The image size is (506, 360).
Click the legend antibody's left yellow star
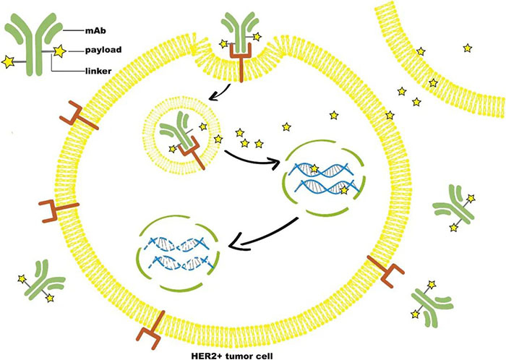pyautogui.click(x=9, y=63)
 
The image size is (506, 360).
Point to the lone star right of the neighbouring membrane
pyautogui.click(x=468, y=48)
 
